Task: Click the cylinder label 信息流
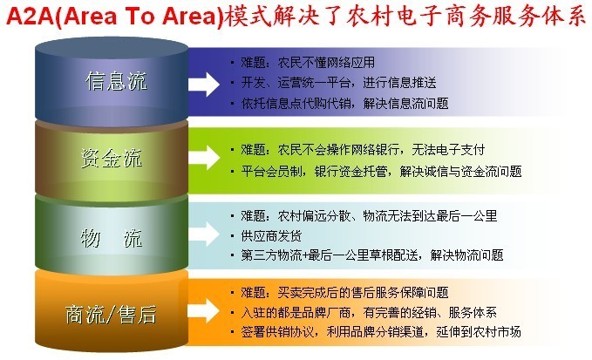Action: tap(116, 81)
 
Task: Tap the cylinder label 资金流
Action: tap(112, 158)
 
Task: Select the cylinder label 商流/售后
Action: tap(111, 315)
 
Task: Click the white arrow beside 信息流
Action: tap(204, 85)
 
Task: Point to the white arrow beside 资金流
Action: tap(204, 158)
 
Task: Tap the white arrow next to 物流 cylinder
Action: tap(204, 234)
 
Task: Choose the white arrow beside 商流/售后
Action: tap(204, 310)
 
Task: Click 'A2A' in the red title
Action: tap(30, 17)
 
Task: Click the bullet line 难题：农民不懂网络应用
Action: tap(308, 62)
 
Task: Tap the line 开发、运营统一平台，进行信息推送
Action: tap(338, 82)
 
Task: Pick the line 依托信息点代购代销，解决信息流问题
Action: tap(344, 103)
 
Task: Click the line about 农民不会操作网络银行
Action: tap(363, 150)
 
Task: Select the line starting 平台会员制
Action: tap(381, 172)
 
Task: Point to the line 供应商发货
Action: tap(271, 236)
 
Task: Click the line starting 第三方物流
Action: tap(372, 255)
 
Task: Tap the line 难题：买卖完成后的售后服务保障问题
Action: tap(344, 293)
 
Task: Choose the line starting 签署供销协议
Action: tap(381, 332)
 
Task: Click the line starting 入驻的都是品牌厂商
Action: tap(369, 312)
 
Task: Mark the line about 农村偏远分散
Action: tap(370, 216)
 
